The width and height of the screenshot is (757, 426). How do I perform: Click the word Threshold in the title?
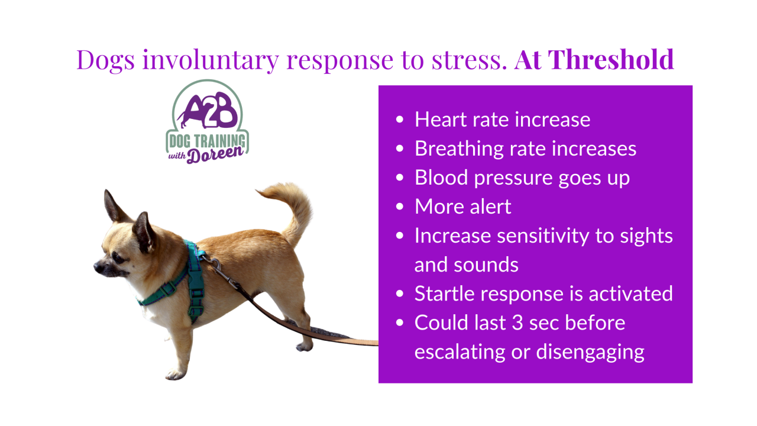pyautogui.click(x=611, y=60)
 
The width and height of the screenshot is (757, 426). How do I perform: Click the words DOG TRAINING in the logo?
pyautogui.click(x=207, y=141)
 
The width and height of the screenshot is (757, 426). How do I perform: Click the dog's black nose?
pyautogui.click(x=99, y=267)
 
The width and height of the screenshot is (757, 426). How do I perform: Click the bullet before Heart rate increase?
pyautogui.click(x=400, y=120)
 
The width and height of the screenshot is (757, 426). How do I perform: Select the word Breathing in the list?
pyautogui.click(x=459, y=149)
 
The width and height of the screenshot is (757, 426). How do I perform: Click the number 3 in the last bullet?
pyautogui.click(x=517, y=322)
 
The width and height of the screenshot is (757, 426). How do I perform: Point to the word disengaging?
pyautogui.click(x=590, y=353)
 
